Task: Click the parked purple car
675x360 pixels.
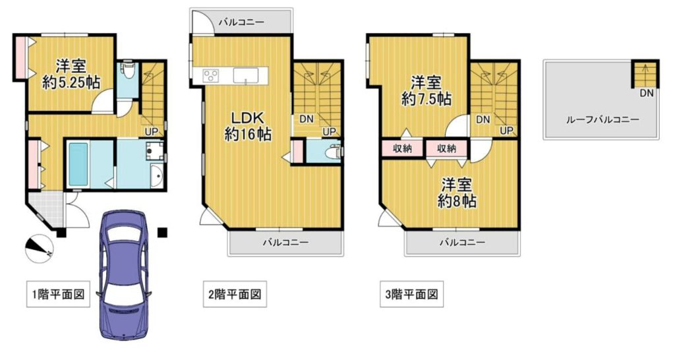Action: click(123, 275)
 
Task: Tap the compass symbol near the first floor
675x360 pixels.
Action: click(39, 249)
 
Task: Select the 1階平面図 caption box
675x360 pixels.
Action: click(58, 295)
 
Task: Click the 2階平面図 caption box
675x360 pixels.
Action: click(235, 295)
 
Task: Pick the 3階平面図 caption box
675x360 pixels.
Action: click(411, 295)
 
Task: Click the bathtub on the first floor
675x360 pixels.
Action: click(78, 164)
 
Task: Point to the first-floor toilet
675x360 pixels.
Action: click(128, 69)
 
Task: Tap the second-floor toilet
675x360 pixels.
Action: click(333, 152)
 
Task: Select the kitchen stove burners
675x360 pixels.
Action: click(211, 76)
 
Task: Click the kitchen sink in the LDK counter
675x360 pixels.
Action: click(246, 75)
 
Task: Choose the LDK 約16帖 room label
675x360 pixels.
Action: click(248, 126)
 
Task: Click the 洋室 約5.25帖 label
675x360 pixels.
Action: click(71, 74)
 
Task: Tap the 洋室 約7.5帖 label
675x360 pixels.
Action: click(426, 91)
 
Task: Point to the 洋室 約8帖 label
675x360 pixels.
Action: click(457, 193)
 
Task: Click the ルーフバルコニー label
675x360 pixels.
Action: click(602, 120)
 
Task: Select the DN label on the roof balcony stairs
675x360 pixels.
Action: click(646, 93)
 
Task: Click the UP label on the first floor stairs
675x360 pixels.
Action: click(151, 131)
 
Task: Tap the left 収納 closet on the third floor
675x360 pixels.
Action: click(403, 148)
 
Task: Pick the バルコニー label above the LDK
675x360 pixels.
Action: click(241, 22)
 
